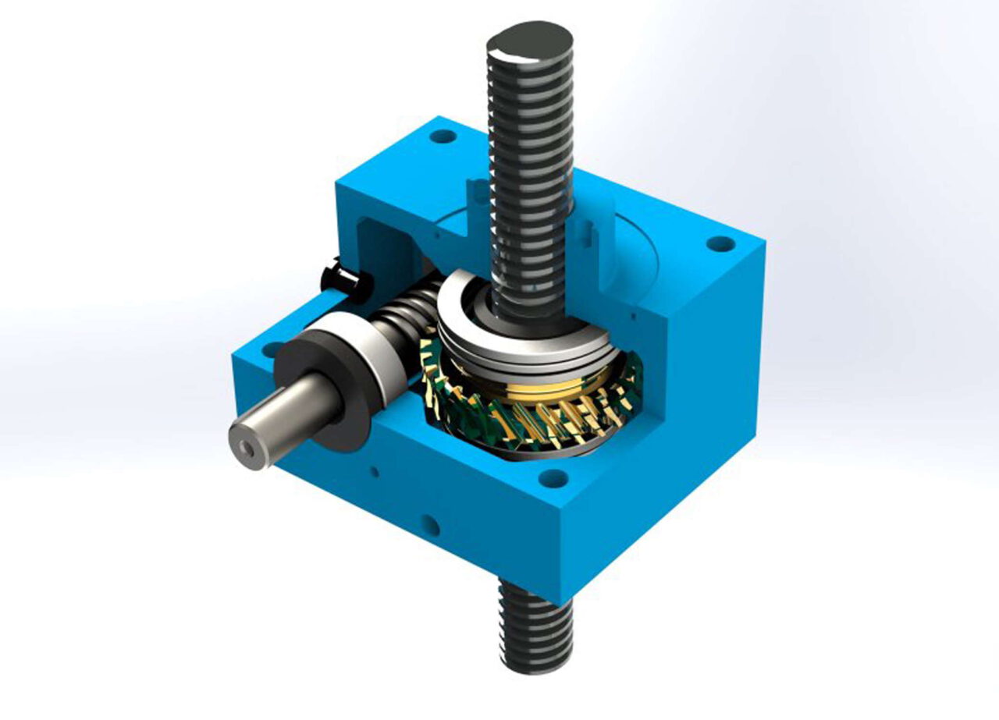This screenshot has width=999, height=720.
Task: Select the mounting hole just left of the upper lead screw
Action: [x=443, y=137]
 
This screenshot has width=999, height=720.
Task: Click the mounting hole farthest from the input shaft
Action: [x=720, y=243]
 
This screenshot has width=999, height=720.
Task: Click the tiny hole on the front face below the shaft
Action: [x=375, y=470]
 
